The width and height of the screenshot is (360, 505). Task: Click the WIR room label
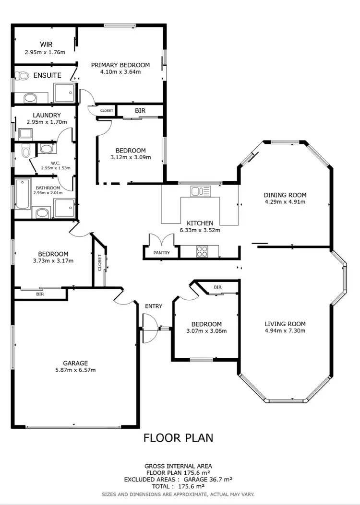point(46,45)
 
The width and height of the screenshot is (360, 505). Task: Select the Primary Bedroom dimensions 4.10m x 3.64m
point(120,72)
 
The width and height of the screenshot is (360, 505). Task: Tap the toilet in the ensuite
point(22,75)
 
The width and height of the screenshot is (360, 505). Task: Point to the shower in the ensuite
point(64,93)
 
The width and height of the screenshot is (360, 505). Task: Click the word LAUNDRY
point(47,115)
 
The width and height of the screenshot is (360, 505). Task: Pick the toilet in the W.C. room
point(25,151)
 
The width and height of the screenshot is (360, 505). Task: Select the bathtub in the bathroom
point(22,193)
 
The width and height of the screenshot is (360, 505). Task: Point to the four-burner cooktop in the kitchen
point(201,251)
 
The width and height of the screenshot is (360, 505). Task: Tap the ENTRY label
point(154,306)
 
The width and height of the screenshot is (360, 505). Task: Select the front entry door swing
point(150,328)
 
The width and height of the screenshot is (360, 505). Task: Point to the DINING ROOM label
point(285,195)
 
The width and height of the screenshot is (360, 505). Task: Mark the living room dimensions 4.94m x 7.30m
point(285,330)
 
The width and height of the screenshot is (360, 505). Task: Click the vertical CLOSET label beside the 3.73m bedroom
point(100,262)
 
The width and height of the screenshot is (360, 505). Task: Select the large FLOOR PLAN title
point(178,437)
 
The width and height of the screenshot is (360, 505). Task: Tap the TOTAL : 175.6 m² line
point(178,486)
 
